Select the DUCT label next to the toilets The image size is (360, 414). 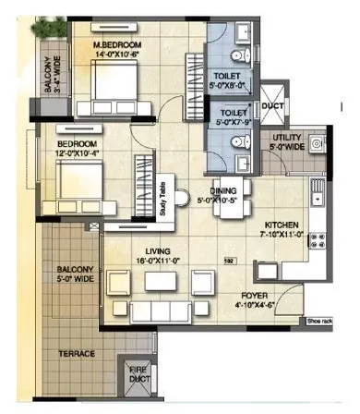(274, 106)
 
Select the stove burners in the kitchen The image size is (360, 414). (317, 242)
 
